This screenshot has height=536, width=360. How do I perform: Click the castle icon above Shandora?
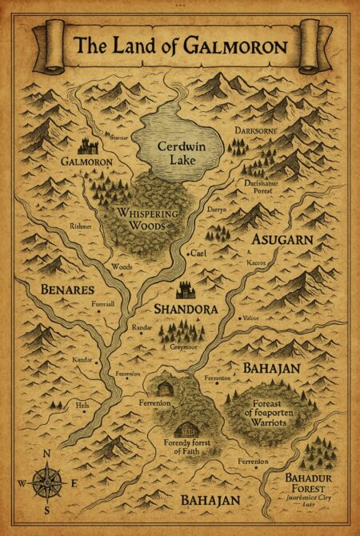point(186,289)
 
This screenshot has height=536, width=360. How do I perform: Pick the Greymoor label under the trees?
point(182,348)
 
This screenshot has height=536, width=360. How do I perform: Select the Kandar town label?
point(83,361)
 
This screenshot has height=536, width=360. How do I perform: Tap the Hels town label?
point(82,406)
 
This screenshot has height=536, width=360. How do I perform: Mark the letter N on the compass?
point(47,454)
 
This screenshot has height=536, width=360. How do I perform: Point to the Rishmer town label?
point(81,227)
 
